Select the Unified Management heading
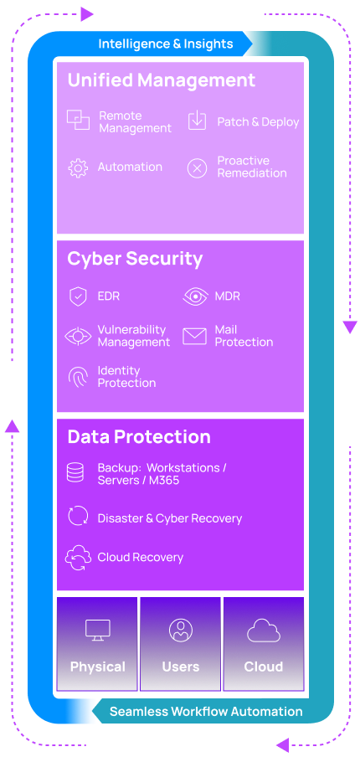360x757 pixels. pyautogui.click(x=161, y=80)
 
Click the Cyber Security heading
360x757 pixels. pyautogui.click(x=135, y=259)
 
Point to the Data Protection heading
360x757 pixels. pyautogui.click(x=139, y=437)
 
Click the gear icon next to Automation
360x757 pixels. pyautogui.click(x=78, y=167)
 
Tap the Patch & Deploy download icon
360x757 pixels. pyautogui.click(x=197, y=121)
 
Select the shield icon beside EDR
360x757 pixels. pyautogui.click(x=78, y=296)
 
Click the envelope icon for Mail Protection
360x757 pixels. pyautogui.click(x=194, y=337)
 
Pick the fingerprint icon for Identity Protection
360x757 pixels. pyautogui.click(x=78, y=377)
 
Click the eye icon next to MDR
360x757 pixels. pyautogui.click(x=195, y=296)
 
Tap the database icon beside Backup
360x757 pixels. pyautogui.click(x=76, y=473)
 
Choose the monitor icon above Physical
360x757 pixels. pyautogui.click(x=97, y=631)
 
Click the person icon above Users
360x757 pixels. pyautogui.click(x=180, y=630)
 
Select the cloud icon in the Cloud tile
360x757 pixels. pyautogui.click(x=263, y=630)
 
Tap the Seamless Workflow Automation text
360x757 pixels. pyautogui.click(x=206, y=712)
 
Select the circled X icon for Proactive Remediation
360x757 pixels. pyautogui.click(x=197, y=168)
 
